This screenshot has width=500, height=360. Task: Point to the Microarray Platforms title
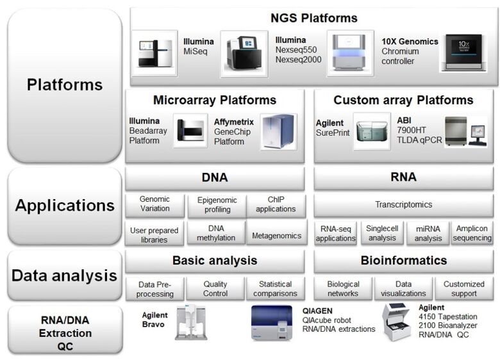pos(215,101)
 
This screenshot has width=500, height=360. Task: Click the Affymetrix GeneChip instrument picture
pos(278,131)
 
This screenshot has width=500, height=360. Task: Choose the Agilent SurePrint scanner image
pos(371,131)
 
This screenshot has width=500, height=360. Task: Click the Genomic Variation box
pos(154,204)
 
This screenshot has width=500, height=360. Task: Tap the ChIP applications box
pos(276,204)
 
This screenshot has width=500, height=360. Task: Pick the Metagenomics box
pos(276,235)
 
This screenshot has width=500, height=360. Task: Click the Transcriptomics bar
pos(403,205)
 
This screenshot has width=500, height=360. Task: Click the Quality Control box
pos(215,289)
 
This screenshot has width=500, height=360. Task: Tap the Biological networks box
pos(343,289)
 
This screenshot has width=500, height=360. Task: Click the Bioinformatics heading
pos(403,261)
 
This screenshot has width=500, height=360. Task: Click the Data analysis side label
pos(65,276)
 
